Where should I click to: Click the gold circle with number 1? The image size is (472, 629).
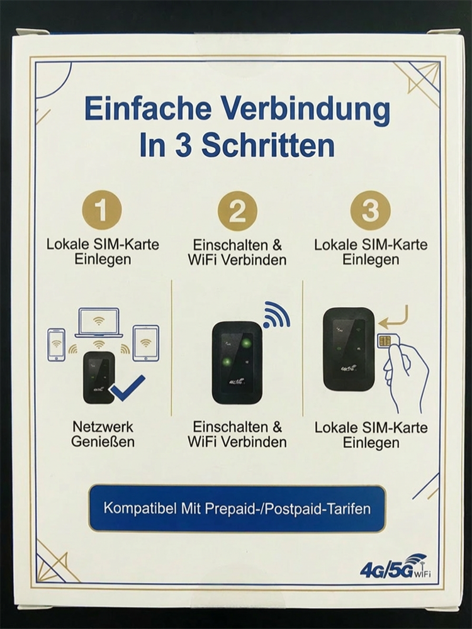(x=102, y=211)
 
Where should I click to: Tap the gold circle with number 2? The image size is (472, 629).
(x=237, y=211)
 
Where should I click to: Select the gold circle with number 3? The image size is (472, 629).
(x=371, y=211)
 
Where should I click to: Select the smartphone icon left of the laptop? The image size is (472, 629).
(x=57, y=343)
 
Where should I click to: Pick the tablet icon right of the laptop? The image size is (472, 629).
(x=145, y=343)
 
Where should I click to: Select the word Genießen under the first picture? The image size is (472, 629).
(x=103, y=442)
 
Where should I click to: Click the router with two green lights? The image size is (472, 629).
(x=237, y=362)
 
